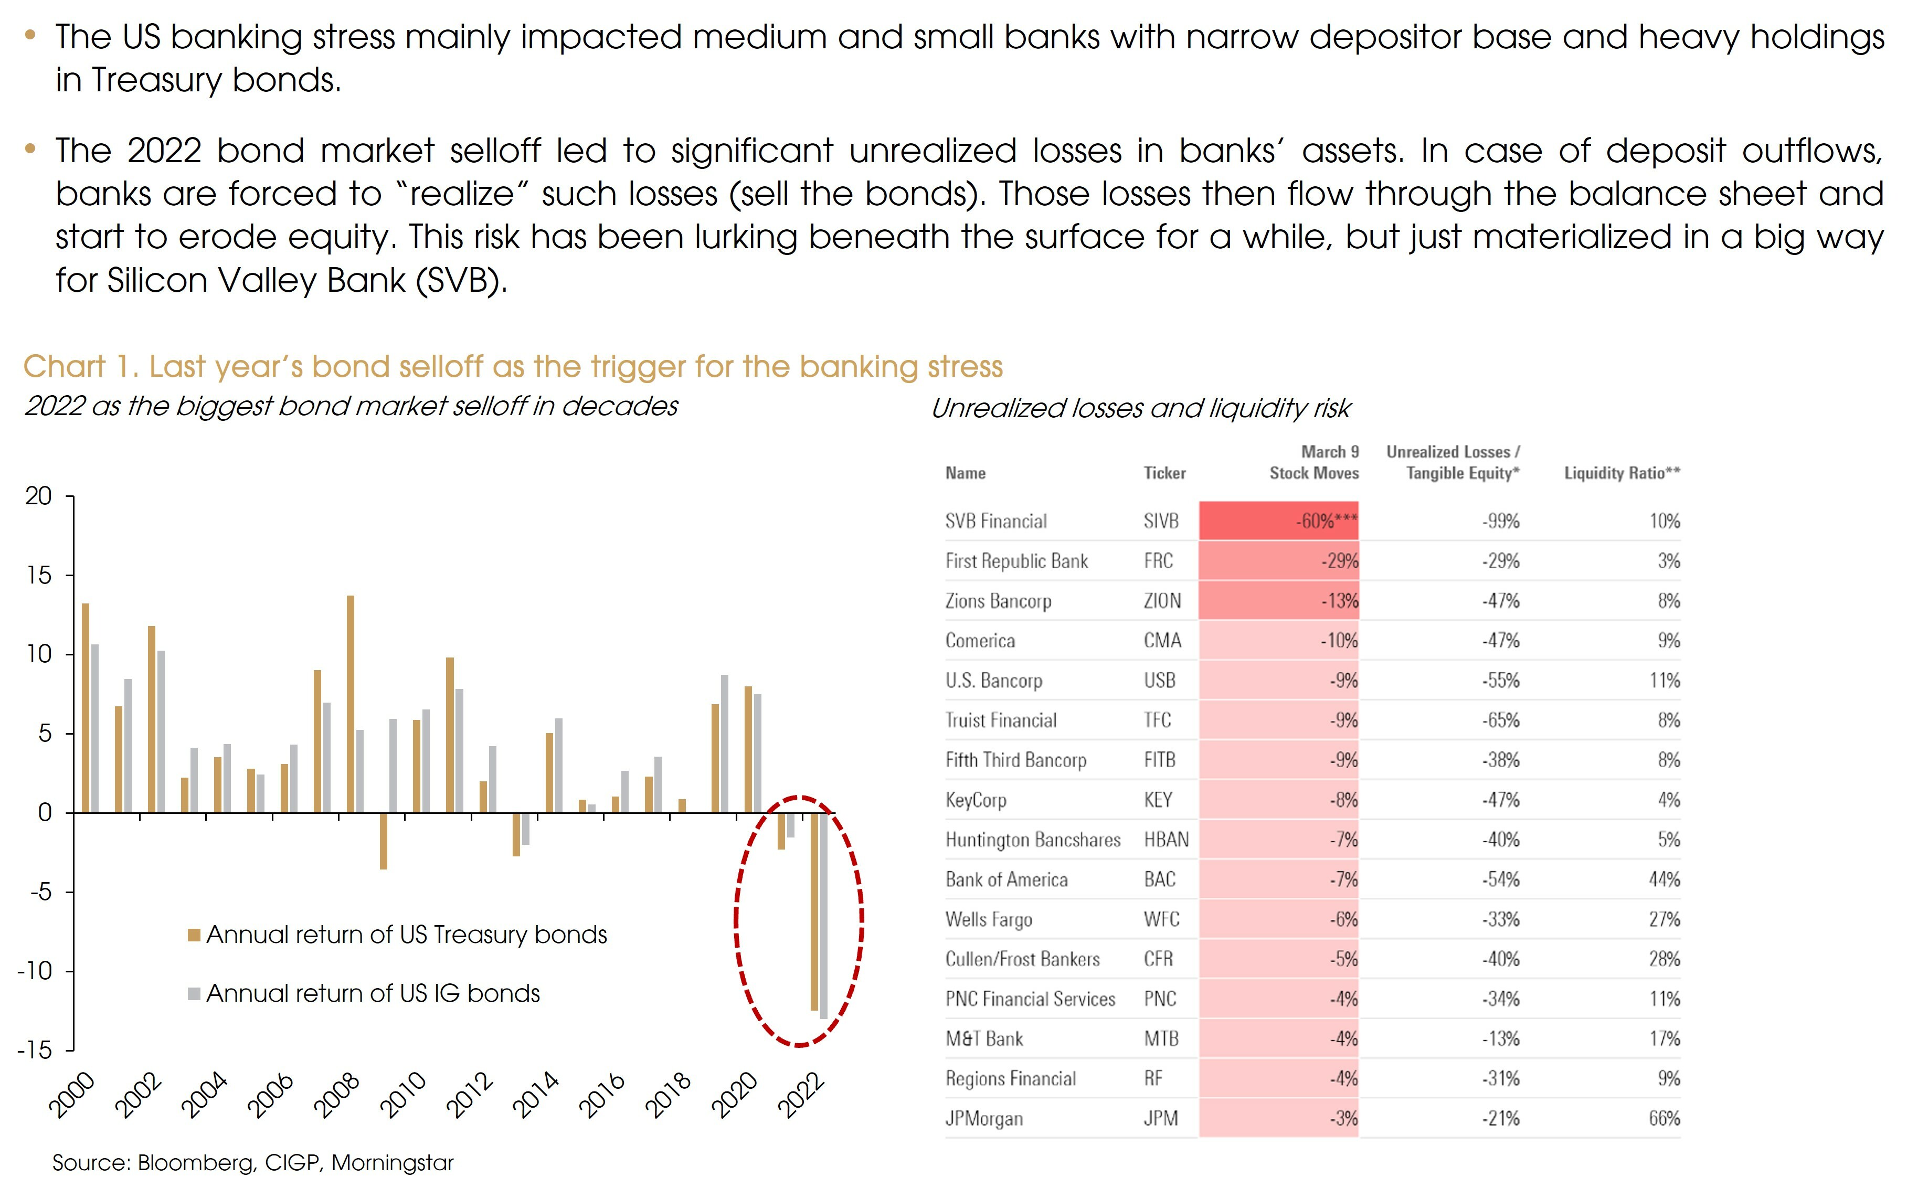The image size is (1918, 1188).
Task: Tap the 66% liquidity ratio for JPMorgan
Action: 1663,1118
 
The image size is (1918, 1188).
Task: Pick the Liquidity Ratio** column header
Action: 1621,473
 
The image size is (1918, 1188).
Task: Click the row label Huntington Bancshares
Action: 1033,840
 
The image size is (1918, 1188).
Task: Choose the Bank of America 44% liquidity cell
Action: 1663,879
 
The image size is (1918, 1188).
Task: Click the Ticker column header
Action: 1164,473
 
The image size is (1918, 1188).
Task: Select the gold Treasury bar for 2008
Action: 351,703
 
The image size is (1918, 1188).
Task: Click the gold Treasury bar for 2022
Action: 814,911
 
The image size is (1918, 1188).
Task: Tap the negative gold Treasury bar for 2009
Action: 384,841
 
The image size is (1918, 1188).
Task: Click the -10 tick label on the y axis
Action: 35,971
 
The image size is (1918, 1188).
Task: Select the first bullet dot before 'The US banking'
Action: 30,35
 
